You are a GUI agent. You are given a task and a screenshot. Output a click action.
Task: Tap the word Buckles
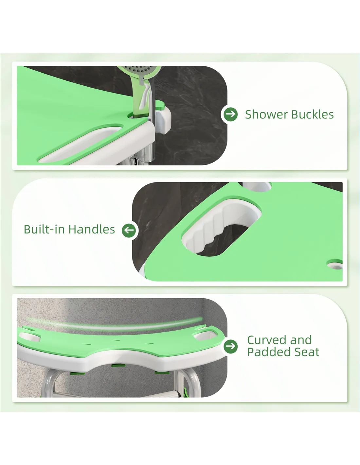tap(313, 114)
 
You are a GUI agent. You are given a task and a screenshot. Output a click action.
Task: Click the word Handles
tap(92, 230)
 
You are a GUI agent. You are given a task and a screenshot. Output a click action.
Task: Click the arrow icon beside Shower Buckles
tap(231, 114)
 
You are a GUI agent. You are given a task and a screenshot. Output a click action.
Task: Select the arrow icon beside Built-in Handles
tap(129, 230)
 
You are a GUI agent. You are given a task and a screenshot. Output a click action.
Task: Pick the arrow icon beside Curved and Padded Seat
tap(231, 346)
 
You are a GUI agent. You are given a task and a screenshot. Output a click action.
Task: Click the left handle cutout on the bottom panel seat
tap(29, 336)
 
